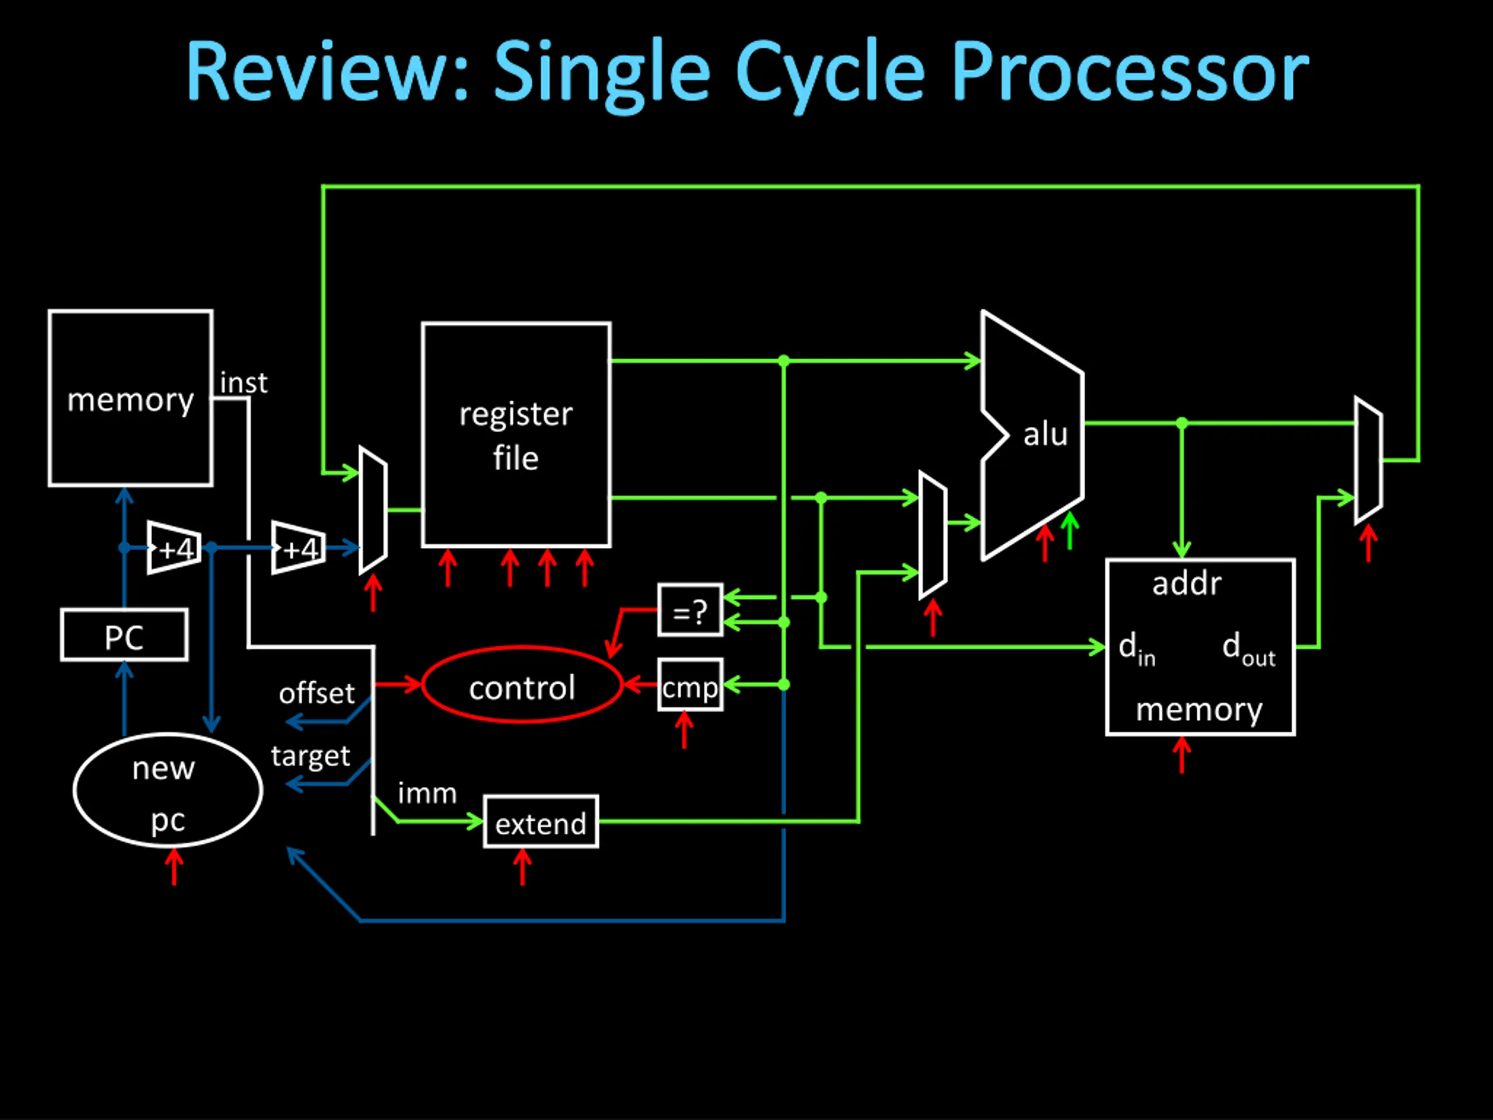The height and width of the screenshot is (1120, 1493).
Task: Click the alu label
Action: coord(1046,434)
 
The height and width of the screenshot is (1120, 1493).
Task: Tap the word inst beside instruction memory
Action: coord(244,383)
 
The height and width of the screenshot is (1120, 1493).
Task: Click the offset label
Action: coord(317,692)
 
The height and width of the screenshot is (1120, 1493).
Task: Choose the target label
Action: coord(310,756)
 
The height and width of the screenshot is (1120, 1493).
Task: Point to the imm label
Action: coord(427,793)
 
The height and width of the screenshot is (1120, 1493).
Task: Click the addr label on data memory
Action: coord(1187,583)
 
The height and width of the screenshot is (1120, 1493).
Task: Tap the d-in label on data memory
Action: coord(1137,649)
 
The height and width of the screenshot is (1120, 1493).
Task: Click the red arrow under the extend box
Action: coord(522,866)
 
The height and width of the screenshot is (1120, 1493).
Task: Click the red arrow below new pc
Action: coord(174,866)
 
